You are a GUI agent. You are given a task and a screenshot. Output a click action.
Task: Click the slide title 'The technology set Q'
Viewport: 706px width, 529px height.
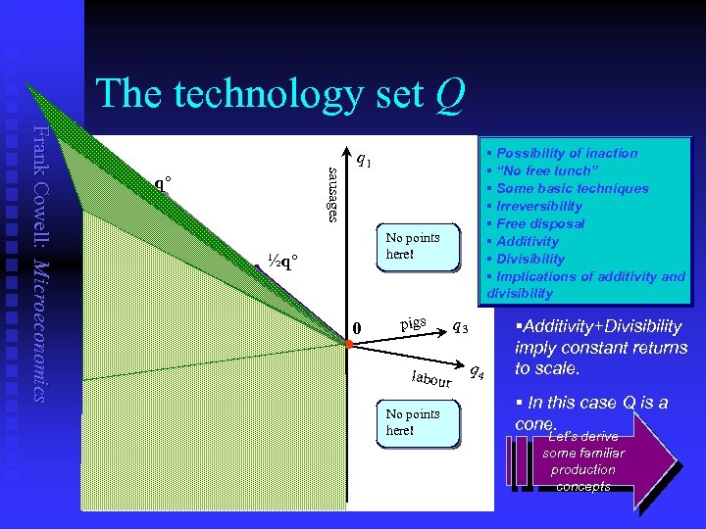[279, 94]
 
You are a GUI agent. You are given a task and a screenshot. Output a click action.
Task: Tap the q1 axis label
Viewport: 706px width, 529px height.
[363, 159]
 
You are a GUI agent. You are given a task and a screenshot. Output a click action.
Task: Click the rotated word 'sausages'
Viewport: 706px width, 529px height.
[333, 194]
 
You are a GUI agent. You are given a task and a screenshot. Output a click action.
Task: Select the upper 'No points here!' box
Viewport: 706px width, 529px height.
[420, 246]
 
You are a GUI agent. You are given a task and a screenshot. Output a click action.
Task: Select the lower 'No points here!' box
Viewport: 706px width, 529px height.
[420, 422]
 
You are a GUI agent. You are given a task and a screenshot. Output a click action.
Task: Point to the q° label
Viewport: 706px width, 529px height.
[164, 183]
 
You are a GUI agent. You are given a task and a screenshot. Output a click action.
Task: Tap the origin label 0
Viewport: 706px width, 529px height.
[358, 328]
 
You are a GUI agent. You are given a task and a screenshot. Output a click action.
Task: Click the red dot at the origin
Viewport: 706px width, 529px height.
[348, 343]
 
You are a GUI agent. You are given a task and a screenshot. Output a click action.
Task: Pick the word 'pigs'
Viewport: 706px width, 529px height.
[413, 323]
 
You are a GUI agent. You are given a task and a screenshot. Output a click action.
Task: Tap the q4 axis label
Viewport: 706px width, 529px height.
[476, 370]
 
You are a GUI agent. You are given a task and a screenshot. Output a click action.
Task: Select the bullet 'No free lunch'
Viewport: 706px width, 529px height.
[548, 170]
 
